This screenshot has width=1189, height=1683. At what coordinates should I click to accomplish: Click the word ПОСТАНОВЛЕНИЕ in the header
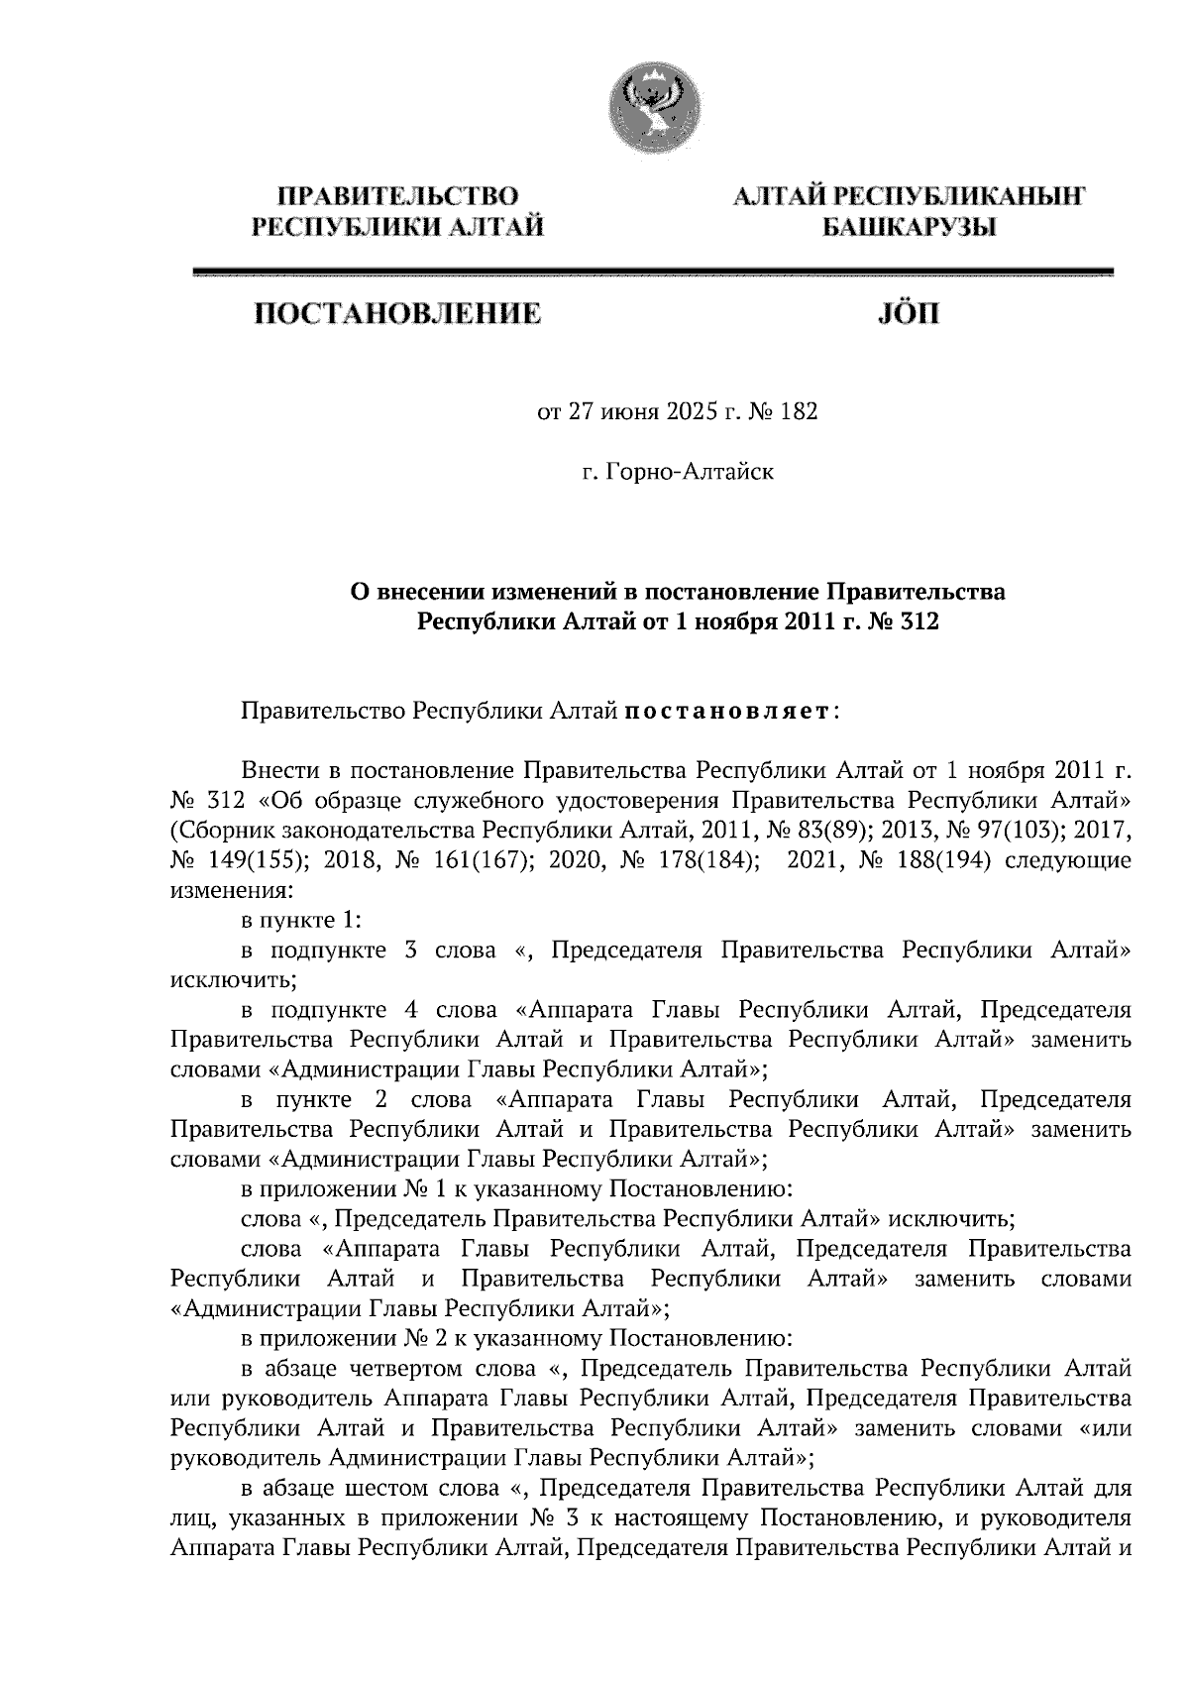399,315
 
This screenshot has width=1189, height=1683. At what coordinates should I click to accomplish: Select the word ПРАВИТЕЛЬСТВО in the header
398,195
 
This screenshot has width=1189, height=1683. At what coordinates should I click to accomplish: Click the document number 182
799,411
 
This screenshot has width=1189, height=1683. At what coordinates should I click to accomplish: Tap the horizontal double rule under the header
653,273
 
